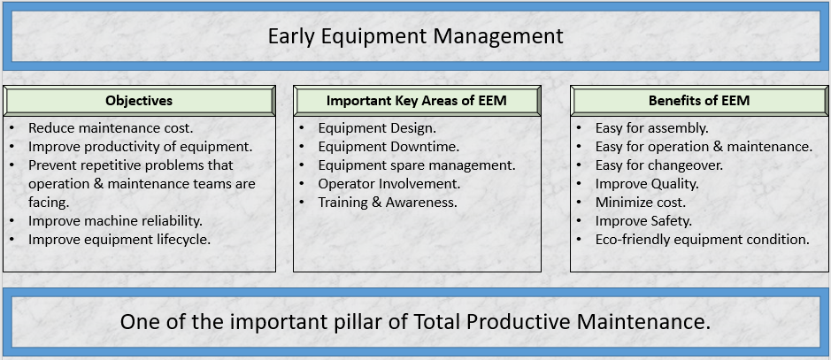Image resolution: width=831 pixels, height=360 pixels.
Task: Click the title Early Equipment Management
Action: pos(415,36)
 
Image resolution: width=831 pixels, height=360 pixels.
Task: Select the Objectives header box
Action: pos(139,101)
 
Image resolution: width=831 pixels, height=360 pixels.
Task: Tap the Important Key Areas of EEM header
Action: pos(417,101)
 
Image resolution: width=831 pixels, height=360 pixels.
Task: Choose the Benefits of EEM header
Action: pos(699,101)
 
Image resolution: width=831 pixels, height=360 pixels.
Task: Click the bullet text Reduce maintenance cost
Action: pos(111,128)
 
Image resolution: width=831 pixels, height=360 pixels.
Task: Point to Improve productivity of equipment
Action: pos(141,147)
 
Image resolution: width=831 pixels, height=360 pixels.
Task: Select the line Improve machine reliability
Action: pos(116,221)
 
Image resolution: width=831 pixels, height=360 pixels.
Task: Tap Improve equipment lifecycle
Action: pos(119,240)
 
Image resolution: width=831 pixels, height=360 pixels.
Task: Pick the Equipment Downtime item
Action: pos(389,147)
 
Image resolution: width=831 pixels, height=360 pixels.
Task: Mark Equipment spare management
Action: pos(417,165)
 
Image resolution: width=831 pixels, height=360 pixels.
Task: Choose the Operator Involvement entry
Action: pos(389,184)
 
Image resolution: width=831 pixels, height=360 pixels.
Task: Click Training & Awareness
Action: pos(388,203)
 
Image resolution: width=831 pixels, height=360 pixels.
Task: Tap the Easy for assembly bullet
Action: pos(652,128)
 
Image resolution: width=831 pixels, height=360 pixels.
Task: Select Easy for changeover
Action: pos(659,165)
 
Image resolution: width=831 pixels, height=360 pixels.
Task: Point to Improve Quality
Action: pos(647,184)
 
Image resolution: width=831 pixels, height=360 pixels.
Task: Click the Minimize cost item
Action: pos(641,203)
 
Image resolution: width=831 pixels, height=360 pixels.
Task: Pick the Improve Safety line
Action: pos(644,221)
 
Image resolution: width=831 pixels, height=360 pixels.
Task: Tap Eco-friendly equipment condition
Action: pos(703,240)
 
